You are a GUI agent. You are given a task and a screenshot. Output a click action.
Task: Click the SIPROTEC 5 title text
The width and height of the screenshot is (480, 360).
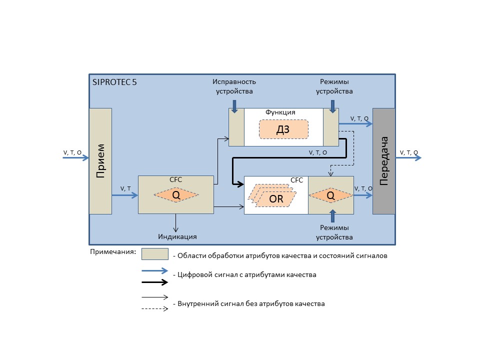click(114, 83)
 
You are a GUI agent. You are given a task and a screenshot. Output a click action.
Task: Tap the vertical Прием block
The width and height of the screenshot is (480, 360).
click(100, 161)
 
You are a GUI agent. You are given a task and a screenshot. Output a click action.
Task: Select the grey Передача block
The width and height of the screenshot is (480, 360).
click(383, 161)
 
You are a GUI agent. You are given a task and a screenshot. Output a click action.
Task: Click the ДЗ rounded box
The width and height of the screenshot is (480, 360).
click(283, 129)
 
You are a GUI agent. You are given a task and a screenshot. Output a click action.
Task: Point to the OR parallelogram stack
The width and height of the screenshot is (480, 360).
click(274, 198)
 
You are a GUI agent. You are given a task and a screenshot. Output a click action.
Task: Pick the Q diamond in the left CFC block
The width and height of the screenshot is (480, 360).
click(176, 195)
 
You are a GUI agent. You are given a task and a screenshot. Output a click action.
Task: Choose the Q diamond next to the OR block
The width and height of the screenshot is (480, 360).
click(330, 195)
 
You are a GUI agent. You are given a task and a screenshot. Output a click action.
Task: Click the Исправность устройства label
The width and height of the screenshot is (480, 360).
click(234, 86)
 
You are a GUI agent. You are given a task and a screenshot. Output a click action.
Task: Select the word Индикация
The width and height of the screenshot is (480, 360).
click(177, 236)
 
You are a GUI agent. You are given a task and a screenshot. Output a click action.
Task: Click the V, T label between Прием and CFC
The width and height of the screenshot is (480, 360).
click(125, 188)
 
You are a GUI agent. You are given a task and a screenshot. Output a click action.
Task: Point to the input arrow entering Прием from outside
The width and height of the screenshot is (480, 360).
click(75, 158)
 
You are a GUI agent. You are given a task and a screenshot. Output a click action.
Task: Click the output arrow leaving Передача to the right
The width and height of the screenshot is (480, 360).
click(408, 158)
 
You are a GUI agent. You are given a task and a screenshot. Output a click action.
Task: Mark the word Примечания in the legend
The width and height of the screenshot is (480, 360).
click(113, 251)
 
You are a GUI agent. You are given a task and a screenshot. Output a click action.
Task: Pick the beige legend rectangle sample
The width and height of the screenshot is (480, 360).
click(154, 254)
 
